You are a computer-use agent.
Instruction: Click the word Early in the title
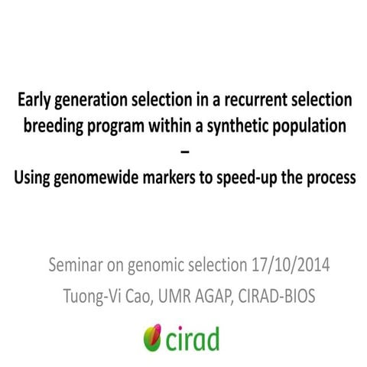click(x=34, y=100)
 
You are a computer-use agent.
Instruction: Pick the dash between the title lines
click(x=183, y=153)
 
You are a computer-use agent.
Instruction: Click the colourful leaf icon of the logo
click(x=151, y=336)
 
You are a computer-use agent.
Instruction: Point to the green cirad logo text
click(x=193, y=336)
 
